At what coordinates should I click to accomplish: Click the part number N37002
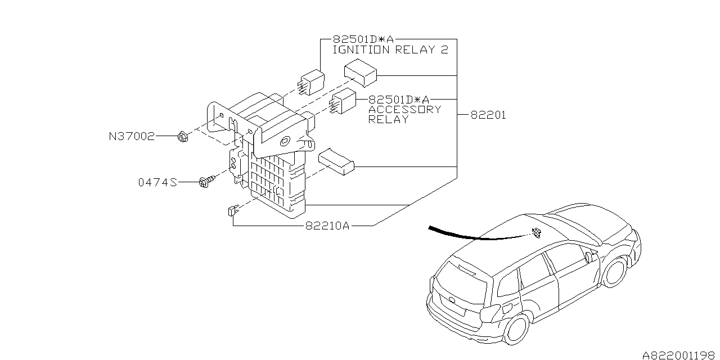(x=131, y=136)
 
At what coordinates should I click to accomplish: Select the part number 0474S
(x=158, y=182)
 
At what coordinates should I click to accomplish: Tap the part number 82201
(x=488, y=115)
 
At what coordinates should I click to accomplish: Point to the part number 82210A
(x=328, y=226)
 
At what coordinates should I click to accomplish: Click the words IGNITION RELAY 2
(x=390, y=49)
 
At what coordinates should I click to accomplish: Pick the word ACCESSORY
(x=404, y=109)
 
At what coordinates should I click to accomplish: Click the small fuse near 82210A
(x=231, y=211)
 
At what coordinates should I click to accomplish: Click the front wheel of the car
(x=616, y=272)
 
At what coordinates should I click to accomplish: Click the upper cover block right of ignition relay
(x=361, y=73)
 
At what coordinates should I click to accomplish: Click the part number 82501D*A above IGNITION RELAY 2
(x=363, y=39)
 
